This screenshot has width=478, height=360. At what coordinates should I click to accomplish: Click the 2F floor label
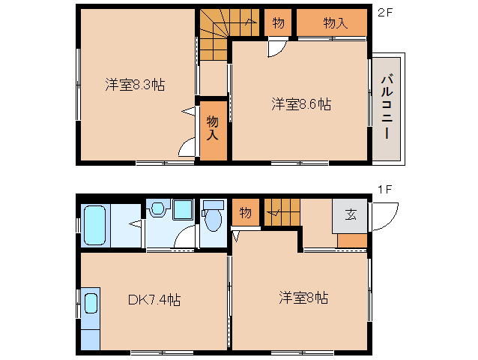(x=384, y=13)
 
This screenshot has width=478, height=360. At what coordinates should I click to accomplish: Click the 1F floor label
(x=384, y=190)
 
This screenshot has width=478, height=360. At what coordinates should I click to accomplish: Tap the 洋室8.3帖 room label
(x=135, y=85)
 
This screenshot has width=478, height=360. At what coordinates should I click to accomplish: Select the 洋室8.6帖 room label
(x=301, y=104)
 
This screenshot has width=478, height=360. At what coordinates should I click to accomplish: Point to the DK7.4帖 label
(x=154, y=299)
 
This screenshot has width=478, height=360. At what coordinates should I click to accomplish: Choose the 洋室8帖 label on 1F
(x=303, y=298)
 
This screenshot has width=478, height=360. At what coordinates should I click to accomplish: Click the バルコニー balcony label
(x=387, y=106)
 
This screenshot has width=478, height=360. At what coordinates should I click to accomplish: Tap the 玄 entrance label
(x=351, y=214)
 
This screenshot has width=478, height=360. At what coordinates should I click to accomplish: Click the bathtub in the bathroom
(x=95, y=225)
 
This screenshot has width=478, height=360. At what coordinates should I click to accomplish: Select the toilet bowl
(x=213, y=217)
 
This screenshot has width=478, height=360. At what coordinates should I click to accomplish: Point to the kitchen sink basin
(x=91, y=303)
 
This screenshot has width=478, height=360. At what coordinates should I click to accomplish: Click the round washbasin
(x=157, y=208)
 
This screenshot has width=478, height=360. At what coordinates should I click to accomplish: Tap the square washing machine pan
(x=183, y=209)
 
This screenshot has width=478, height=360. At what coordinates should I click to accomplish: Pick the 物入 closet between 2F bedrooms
(x=213, y=131)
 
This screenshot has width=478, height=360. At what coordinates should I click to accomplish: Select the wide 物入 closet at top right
(x=332, y=22)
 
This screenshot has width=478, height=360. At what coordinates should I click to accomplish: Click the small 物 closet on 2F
(x=278, y=22)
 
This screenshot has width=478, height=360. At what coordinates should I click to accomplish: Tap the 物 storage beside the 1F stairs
(x=246, y=212)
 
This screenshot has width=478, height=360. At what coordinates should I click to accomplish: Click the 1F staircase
(x=282, y=212)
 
